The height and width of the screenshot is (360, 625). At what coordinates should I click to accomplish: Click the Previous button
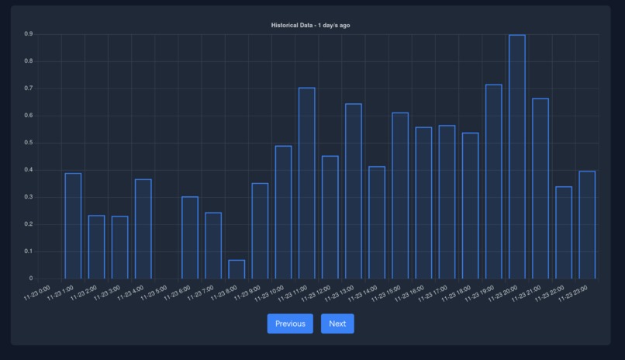click(290, 324)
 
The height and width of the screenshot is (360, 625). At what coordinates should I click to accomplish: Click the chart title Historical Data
click(310, 26)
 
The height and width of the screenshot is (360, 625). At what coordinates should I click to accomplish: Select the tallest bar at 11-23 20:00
click(516, 157)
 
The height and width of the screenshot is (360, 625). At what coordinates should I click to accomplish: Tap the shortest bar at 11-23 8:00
click(237, 269)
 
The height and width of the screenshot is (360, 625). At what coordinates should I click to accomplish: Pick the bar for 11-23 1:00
click(73, 226)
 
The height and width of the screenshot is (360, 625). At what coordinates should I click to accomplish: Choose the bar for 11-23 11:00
click(306, 183)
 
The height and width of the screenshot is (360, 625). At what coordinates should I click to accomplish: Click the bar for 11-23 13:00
click(354, 191)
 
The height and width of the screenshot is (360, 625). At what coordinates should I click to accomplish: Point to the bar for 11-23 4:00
click(143, 229)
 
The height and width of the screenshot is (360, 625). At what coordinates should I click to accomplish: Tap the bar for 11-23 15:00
click(400, 196)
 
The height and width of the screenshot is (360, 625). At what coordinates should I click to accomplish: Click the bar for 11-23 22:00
click(564, 233)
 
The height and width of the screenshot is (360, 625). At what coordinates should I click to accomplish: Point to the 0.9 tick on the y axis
click(28, 34)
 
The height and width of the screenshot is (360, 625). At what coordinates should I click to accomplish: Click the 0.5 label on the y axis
click(28, 143)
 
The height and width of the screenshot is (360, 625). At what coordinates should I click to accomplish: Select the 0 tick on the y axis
click(31, 279)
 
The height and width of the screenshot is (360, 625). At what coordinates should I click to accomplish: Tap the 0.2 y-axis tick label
click(28, 224)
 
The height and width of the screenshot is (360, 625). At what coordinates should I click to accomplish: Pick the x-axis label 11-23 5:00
click(155, 293)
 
